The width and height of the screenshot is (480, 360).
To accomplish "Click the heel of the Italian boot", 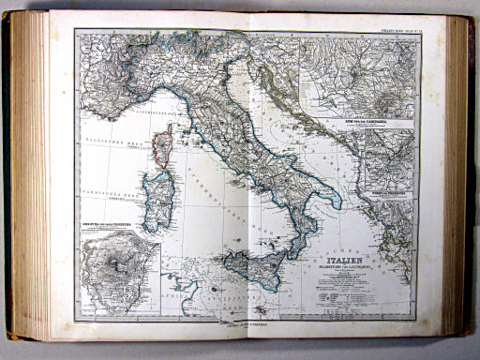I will [x=335, y=200].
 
